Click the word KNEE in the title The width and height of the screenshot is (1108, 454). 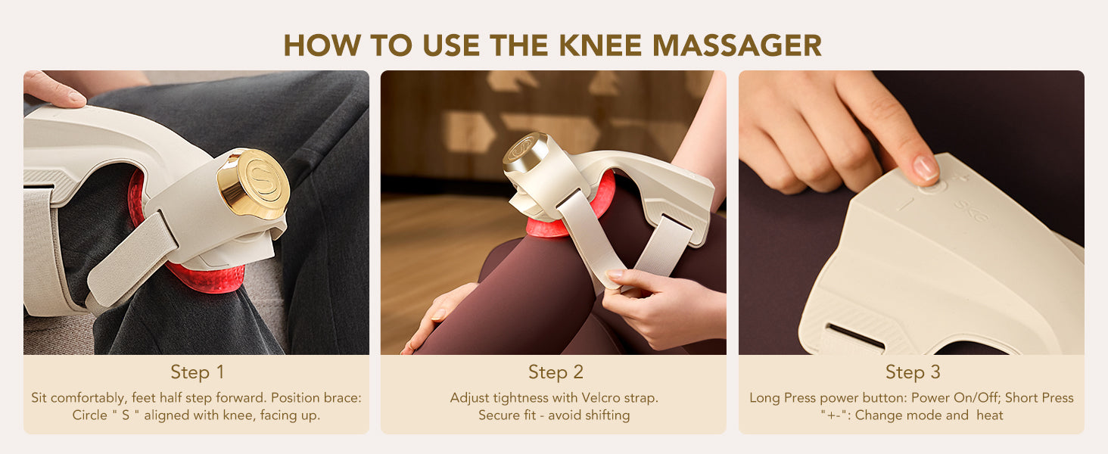tap(600, 45)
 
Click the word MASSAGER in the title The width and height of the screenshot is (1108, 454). tap(737, 45)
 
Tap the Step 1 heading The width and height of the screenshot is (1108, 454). tap(197, 372)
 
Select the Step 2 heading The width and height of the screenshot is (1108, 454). tap(556, 372)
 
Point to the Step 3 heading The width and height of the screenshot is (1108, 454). tap(913, 372)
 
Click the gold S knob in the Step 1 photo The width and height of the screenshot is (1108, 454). tap(254, 183)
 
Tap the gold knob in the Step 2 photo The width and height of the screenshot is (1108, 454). tap(524, 151)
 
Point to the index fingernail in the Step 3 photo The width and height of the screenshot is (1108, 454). tap(925, 168)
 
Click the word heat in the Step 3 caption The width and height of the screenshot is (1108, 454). tap(990, 415)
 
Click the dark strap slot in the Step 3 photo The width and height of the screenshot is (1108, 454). tap(856, 337)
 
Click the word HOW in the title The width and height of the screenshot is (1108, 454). tap(322, 45)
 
